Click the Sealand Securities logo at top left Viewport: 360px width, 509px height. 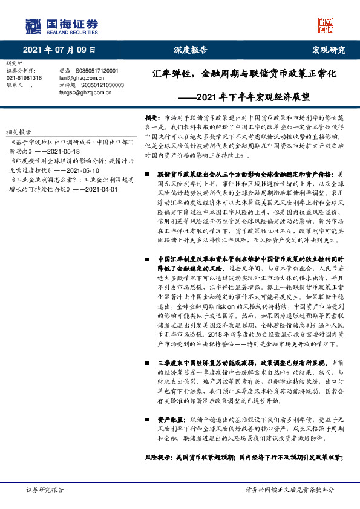[x=61, y=25]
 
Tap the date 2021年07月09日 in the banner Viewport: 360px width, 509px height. [x=59, y=50]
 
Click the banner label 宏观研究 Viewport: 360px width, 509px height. [x=329, y=50]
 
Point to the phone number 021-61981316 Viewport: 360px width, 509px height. [x=24, y=78]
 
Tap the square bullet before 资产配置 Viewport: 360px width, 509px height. [x=149, y=418]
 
